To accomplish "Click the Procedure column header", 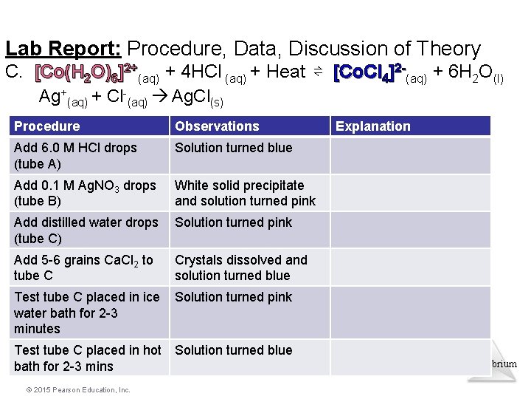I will coord(47,126).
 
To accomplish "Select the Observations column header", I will coord(217,126).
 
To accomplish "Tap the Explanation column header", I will coord(372,126).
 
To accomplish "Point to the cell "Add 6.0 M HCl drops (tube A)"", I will coord(75,155).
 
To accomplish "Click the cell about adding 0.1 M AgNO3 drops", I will coord(85,193).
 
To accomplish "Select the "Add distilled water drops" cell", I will coord(86,230).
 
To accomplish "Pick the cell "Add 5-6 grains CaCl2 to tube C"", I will coord(83,267).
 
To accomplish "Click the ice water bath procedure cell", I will coord(87,313).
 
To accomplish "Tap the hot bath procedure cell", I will coord(87,358).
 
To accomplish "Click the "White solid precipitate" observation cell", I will coord(245,193).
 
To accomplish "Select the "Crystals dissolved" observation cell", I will coord(240,267).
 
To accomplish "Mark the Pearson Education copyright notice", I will coord(72,389).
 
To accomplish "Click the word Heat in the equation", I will coord(285,72).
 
